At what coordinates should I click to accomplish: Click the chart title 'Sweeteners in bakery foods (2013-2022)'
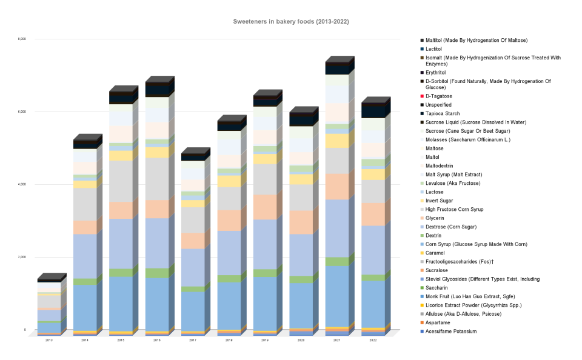tap(291, 22)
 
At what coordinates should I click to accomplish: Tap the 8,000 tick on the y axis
tap(22, 39)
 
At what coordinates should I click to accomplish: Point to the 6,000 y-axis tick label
tap(22, 112)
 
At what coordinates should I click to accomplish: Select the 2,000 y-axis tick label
tap(22, 258)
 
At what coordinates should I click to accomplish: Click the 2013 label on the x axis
tap(48, 341)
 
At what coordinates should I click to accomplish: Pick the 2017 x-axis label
tap(192, 341)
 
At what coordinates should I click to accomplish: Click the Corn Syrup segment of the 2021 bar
tap(336, 296)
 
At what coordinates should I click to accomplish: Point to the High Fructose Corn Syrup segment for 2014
tap(85, 204)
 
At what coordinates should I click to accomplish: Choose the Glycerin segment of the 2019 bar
tap(264, 207)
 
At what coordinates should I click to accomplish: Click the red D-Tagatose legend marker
tap(422, 96)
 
